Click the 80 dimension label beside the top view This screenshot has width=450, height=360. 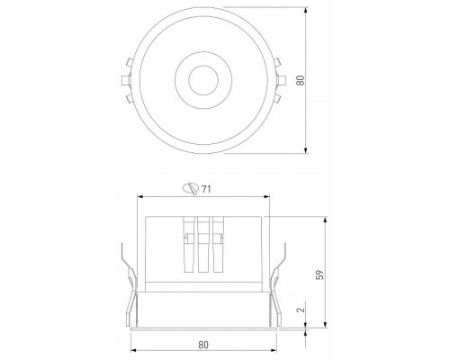[314, 80]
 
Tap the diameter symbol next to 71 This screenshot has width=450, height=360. [190, 188]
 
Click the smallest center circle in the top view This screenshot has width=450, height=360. [199, 81]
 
